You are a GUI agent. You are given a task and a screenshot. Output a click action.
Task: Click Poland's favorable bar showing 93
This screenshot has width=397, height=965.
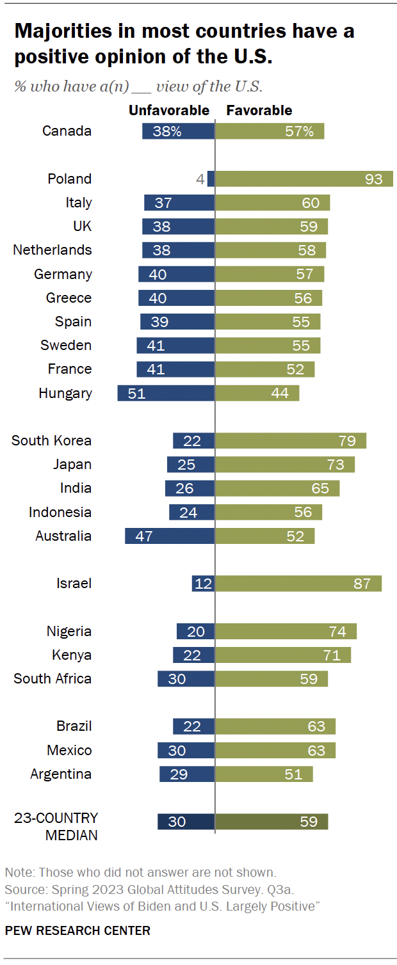point(304,179)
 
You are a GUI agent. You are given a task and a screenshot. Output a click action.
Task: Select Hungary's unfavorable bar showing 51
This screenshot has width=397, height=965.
point(166,394)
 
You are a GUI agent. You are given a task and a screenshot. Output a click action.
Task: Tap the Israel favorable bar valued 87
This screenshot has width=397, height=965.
point(298,584)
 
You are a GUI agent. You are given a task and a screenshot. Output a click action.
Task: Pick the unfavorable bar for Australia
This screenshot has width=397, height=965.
point(170,536)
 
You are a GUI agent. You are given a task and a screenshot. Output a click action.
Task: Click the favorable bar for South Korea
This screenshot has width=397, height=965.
point(291,441)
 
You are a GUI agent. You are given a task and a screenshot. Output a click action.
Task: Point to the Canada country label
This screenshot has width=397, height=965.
point(67,131)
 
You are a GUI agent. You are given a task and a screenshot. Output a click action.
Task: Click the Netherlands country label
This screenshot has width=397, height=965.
point(53,250)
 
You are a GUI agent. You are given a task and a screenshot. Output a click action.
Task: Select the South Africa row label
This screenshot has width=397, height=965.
point(53,679)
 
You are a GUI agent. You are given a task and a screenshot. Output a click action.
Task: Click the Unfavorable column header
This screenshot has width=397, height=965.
point(169,111)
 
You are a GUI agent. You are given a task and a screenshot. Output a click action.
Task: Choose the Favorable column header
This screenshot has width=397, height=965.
point(259,111)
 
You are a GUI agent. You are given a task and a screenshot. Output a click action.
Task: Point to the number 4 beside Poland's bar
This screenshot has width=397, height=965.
point(200,180)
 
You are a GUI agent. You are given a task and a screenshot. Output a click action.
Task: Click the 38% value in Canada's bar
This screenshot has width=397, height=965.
point(167,132)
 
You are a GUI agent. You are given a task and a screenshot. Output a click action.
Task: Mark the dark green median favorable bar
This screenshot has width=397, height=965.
point(271,822)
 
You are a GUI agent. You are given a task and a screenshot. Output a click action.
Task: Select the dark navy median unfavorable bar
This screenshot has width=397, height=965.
point(186,822)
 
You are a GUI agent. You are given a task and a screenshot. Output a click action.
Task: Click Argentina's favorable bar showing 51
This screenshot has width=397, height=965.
point(264,774)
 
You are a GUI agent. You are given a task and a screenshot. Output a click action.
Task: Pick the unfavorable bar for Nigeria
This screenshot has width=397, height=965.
point(195,632)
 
